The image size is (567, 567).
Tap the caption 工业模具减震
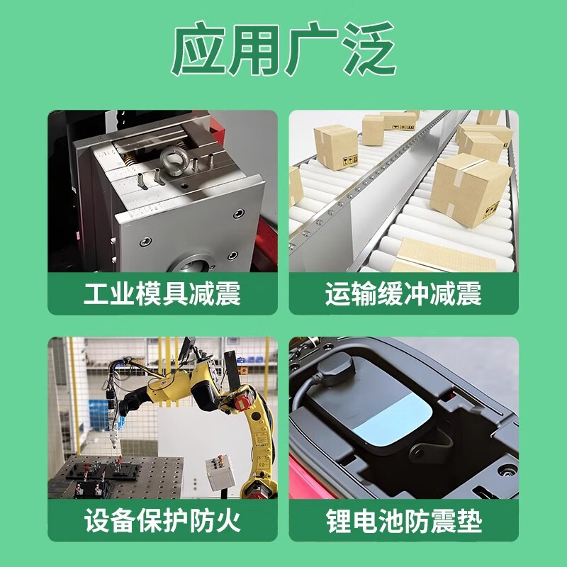[x=162, y=293]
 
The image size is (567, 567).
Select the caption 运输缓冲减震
[x=403, y=293]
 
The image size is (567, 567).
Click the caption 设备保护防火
[x=162, y=522]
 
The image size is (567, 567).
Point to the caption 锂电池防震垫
[x=403, y=522]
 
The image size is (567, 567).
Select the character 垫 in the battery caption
[x=468, y=522]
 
